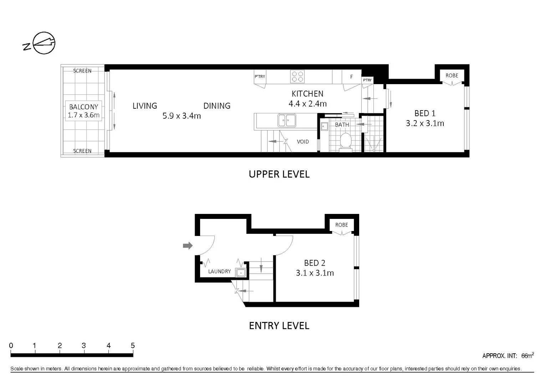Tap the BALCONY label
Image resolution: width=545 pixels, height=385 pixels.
pos(83,107)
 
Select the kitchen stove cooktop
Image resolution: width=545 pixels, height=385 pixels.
pos(297,76)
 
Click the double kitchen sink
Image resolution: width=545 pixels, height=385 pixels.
pos(287,120)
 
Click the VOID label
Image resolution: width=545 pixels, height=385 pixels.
pos(303,142)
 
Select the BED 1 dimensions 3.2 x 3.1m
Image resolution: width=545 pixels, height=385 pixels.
pos(425,123)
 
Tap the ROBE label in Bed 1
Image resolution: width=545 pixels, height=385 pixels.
pos(452,76)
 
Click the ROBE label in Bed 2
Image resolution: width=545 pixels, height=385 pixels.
pos(341,225)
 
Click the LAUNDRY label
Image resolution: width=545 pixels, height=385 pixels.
pos(219,271)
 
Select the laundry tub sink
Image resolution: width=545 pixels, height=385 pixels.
pos(241,273)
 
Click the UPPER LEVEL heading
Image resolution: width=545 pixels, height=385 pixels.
pos(279,174)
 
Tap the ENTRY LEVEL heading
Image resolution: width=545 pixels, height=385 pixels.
pos(279,325)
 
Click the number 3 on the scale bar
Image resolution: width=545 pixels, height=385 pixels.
pos(83,345)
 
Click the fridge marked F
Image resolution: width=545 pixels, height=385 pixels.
pos(351,77)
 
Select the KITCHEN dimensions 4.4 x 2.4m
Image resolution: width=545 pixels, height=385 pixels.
pos(307,104)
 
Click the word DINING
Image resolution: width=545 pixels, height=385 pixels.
pos(217,106)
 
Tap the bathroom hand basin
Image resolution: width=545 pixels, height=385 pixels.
pos(324,126)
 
